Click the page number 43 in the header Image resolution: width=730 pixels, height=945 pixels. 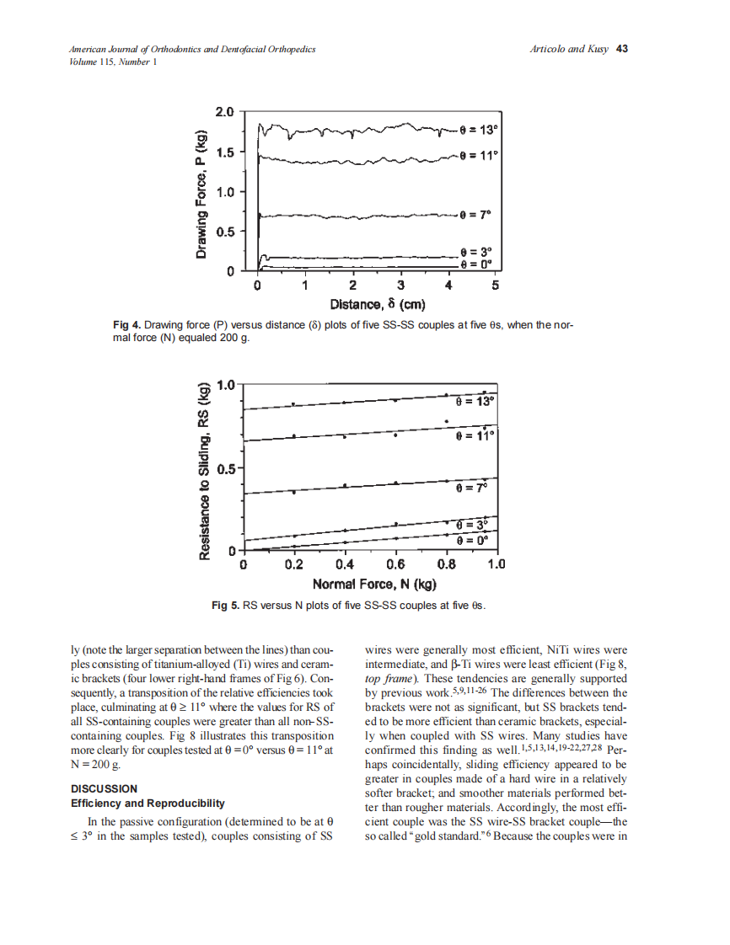pos(622,49)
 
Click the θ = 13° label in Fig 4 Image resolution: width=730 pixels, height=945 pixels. pos(480,130)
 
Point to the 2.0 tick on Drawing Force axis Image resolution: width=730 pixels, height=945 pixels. pos(223,111)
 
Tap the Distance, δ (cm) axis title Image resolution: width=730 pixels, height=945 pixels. pos(377,303)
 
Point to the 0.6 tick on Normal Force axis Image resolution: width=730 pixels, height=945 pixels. pos(395,565)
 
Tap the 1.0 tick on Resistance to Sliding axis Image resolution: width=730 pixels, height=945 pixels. pos(226,386)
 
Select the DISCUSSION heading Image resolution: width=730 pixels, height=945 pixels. pos(104,788)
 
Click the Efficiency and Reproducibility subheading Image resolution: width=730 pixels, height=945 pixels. pos(148,804)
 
